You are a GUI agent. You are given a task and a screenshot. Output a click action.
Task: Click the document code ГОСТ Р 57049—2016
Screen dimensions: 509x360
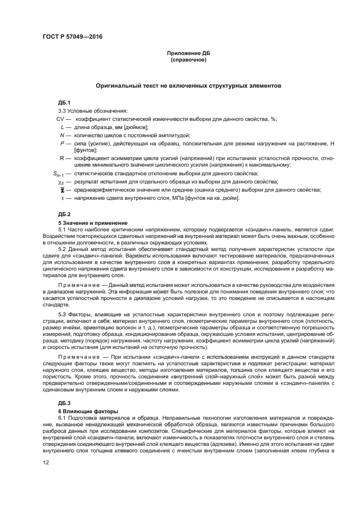click(72, 36)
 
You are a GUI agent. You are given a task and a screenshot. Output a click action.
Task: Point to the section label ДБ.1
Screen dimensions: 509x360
click(65, 103)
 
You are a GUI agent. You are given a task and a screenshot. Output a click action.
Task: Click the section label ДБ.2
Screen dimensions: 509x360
click(65, 214)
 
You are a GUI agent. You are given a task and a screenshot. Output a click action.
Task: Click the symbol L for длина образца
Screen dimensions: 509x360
click(63, 127)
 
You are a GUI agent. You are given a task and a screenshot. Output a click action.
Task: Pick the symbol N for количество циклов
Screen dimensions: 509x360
click(62, 134)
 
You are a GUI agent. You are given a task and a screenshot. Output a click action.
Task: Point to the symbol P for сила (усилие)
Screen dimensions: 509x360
click(63, 143)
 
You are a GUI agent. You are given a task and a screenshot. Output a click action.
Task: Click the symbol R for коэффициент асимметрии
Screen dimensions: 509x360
click(62, 158)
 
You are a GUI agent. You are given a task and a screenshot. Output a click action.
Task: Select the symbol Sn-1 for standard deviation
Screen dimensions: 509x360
click(57, 174)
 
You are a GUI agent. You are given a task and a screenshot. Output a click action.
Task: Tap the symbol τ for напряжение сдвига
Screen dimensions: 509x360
click(63, 198)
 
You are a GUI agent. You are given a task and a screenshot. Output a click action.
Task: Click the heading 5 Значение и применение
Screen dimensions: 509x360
click(93, 223)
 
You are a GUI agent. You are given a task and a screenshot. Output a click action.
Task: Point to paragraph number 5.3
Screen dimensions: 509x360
click(62, 314)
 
